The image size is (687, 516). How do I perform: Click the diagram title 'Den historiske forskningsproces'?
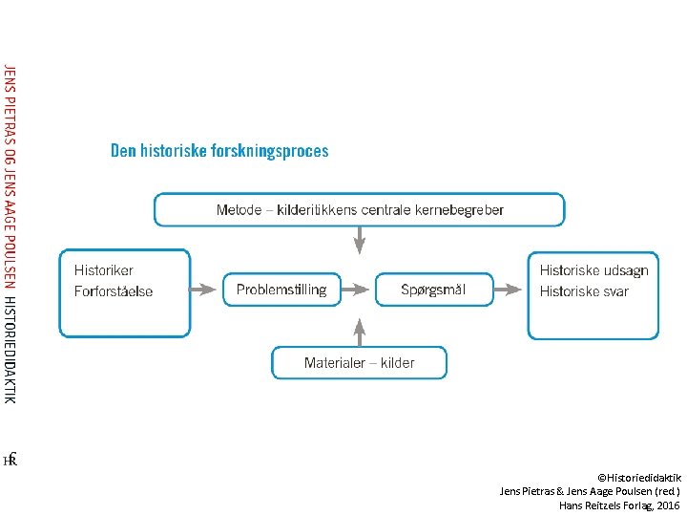219,151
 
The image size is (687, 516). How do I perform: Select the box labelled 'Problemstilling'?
281,290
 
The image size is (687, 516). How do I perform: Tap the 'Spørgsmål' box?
434,290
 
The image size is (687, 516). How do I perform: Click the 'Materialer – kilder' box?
359,363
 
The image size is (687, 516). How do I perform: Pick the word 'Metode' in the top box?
239,210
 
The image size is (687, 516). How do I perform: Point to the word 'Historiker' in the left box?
104,270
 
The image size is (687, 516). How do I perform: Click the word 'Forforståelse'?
114,291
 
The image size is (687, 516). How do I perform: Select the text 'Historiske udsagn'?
593,270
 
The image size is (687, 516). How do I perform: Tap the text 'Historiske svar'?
584,291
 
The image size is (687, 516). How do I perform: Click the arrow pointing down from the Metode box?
360,239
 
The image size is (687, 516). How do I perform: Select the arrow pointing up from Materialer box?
360,332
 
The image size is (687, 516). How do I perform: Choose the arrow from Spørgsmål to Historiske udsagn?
510,290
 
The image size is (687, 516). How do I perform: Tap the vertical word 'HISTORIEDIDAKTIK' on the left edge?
10,349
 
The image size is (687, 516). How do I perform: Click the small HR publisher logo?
10,459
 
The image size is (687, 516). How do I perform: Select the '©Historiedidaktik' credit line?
638,477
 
